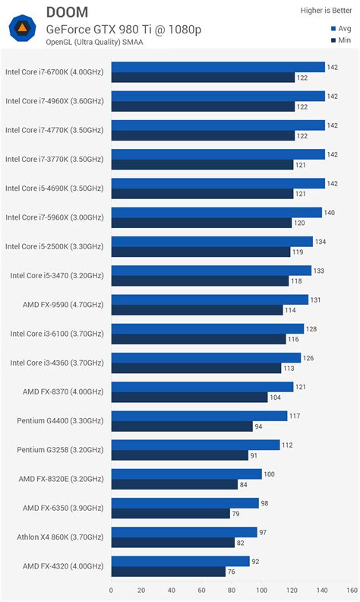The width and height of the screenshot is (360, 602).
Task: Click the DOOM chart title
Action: pos(66,11)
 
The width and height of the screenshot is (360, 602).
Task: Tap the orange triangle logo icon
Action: pos(22,30)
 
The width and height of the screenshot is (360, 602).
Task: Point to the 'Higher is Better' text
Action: pos(327,11)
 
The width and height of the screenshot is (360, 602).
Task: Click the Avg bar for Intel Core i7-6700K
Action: pos(218,67)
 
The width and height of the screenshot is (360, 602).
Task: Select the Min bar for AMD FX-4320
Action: pos(168,572)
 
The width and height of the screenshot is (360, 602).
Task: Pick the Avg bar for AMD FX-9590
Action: pos(210,299)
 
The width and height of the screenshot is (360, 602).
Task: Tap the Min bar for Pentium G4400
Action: pos(182,426)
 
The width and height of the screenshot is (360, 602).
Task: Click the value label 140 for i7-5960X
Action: pos(329,213)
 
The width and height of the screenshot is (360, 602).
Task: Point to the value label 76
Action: pos(232,572)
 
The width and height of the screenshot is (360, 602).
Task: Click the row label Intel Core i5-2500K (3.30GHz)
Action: pos(55,246)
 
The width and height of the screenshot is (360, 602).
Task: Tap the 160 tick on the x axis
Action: pos(352,590)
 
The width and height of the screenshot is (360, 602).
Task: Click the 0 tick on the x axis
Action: pos(112,590)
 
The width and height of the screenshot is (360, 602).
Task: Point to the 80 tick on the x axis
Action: pos(232,590)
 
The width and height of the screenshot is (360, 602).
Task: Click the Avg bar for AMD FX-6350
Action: pos(185,503)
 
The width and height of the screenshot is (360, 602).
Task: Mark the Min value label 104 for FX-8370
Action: pos(275,398)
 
